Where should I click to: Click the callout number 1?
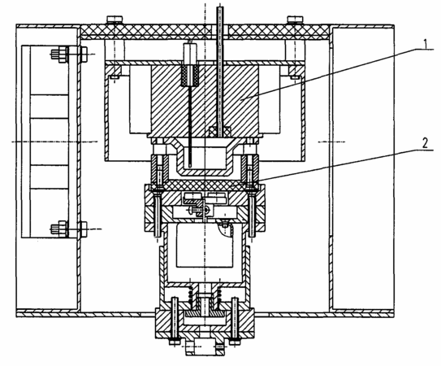(x=426, y=44)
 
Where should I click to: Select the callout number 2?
(x=425, y=143)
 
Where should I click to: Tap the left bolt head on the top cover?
(x=115, y=19)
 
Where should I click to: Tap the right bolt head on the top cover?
(x=295, y=19)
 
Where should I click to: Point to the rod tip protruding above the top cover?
(x=219, y=8)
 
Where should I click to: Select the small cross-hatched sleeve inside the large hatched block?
(x=190, y=76)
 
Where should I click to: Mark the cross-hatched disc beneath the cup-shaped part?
(x=205, y=185)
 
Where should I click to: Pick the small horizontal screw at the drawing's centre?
(x=199, y=210)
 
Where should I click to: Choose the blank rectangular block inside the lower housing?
(x=205, y=245)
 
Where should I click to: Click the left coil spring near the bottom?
(x=190, y=295)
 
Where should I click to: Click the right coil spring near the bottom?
(x=218, y=295)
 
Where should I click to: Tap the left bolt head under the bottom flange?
(x=174, y=342)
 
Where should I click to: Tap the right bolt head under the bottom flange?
(x=235, y=342)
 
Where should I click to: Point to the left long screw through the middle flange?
(x=158, y=213)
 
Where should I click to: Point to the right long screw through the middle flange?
(x=252, y=213)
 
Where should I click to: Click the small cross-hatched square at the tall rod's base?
(x=220, y=132)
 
